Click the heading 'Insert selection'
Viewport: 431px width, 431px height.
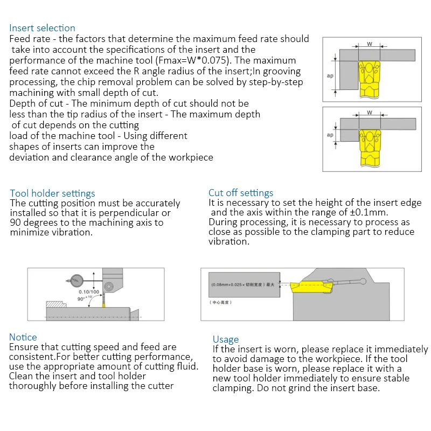[x=43, y=28]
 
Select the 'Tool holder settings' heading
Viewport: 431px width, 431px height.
[x=52, y=193]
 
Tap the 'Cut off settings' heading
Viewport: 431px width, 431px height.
[x=241, y=193]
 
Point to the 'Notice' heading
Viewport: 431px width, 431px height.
[x=23, y=337]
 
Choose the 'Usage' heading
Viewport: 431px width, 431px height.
[x=225, y=339]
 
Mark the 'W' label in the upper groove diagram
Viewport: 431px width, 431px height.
[x=370, y=44]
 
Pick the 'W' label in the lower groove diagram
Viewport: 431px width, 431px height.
[x=370, y=113]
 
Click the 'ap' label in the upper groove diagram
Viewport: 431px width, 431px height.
[x=330, y=76]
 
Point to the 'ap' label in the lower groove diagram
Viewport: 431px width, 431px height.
[x=330, y=135]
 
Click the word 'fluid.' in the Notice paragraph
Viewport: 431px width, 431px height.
[x=184, y=366]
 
